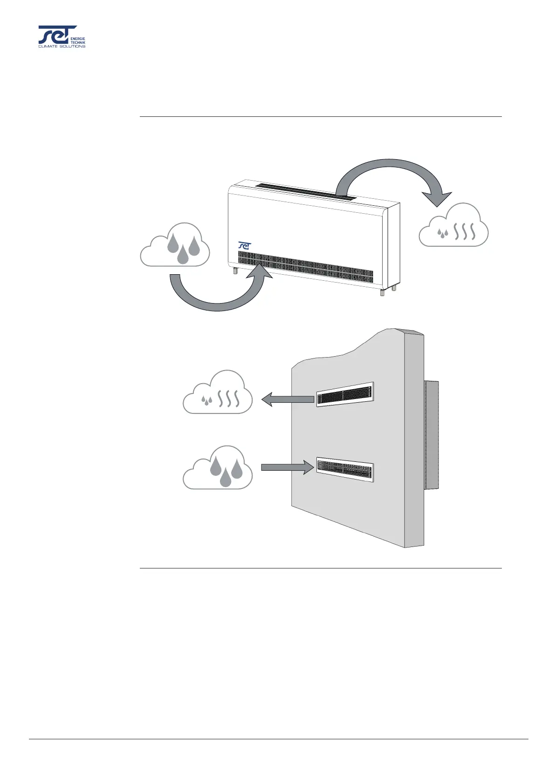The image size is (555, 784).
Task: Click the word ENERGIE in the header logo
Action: click(77, 38)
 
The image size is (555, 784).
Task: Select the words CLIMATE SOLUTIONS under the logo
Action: click(62, 46)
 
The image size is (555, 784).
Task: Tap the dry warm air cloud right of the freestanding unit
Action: click(453, 227)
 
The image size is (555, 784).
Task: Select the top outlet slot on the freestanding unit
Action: click(306, 191)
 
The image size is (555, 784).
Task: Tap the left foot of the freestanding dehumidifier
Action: click(234, 270)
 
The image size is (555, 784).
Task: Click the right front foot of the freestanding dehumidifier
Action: click(383, 292)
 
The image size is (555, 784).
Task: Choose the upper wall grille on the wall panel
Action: click(345, 394)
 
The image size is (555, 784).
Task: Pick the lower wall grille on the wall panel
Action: click(345, 469)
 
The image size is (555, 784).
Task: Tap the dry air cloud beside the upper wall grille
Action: click(218, 393)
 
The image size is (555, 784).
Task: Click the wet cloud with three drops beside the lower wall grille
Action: click(218, 469)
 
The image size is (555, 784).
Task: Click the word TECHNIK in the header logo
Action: click(78, 42)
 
